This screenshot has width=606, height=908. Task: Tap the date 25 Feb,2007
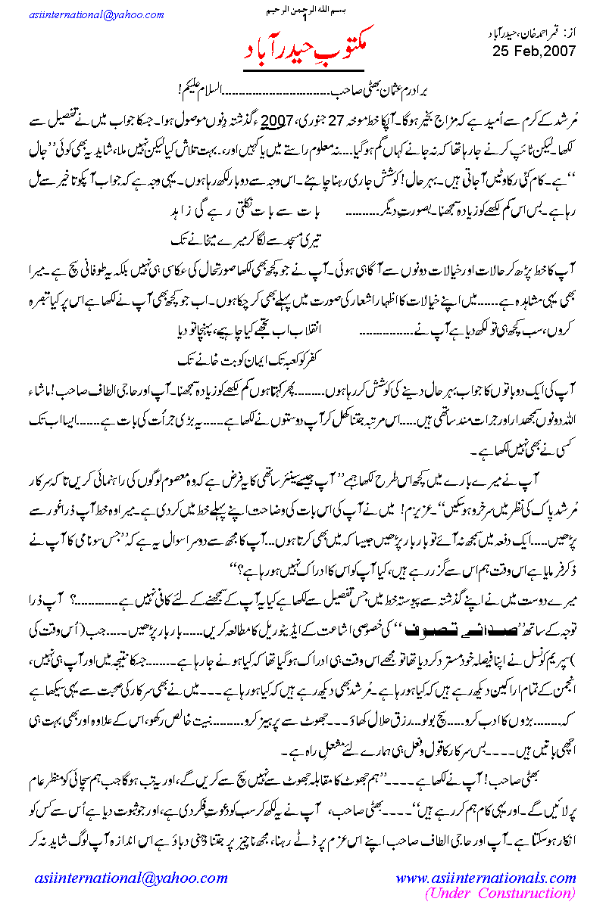click(x=534, y=51)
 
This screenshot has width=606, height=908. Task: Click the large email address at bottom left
click(x=131, y=878)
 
